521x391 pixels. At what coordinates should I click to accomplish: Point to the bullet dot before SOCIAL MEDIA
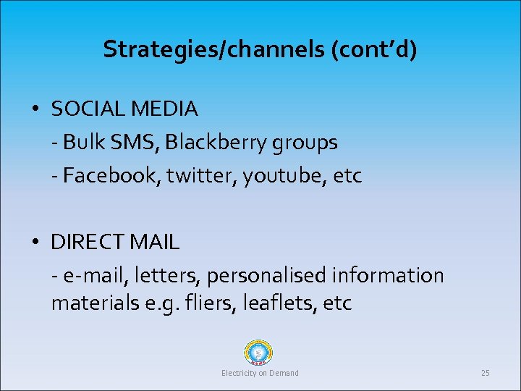point(35,109)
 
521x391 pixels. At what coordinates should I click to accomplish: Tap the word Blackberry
point(215,143)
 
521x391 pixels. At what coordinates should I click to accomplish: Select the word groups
point(305,143)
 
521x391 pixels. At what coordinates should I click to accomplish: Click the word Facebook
point(109,176)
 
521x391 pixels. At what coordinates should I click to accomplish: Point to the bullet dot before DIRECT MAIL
point(35,242)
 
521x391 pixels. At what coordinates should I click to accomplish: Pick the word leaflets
point(274,303)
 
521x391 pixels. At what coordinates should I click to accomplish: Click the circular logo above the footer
point(260,354)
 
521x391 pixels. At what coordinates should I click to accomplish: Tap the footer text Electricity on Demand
point(260,373)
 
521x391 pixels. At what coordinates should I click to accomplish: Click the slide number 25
point(485,373)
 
